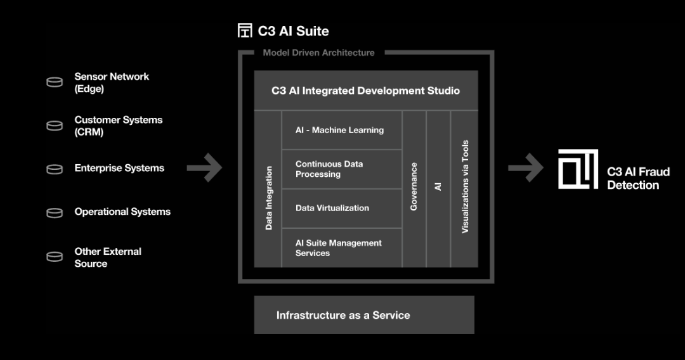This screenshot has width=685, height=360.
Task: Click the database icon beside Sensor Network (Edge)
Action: click(x=55, y=82)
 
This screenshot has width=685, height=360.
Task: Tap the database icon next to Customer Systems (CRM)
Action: click(x=55, y=125)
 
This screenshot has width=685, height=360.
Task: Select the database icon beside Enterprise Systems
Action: click(x=55, y=169)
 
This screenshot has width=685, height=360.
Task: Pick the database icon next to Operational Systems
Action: click(x=55, y=212)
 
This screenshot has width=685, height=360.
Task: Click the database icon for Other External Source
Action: click(x=55, y=257)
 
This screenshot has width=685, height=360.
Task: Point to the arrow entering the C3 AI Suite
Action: click(x=204, y=169)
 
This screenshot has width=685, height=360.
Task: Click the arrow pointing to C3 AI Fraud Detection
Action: click(x=526, y=169)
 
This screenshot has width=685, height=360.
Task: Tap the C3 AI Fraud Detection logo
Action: click(x=578, y=169)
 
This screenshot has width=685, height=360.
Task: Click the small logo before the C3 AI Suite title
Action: click(x=245, y=30)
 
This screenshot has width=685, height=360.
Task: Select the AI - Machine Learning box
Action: click(x=341, y=130)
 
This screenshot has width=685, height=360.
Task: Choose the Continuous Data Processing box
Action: click(x=341, y=169)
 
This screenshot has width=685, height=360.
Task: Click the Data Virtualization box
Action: click(x=341, y=208)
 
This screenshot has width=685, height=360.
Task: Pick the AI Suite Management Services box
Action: click(x=341, y=248)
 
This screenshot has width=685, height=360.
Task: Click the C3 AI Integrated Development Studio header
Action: click(x=366, y=91)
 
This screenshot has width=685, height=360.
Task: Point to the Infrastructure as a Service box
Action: click(x=364, y=315)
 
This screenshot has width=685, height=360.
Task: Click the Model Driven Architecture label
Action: click(x=318, y=53)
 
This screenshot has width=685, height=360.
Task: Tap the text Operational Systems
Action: click(x=122, y=212)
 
